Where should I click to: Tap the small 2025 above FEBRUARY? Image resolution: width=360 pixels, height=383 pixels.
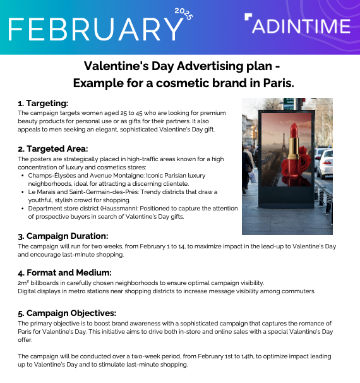click(x=183, y=14)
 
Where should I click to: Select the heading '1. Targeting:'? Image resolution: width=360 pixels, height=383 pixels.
click(x=43, y=103)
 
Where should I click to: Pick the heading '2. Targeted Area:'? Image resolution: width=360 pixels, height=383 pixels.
click(x=52, y=149)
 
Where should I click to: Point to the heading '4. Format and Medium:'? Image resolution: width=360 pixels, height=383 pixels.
click(x=65, y=272)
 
